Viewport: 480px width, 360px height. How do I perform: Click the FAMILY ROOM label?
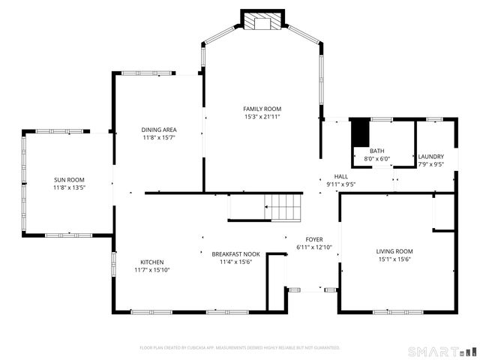pos(262,109)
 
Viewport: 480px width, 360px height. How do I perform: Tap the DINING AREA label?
pos(158,130)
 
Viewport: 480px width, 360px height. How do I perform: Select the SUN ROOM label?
pos(69,179)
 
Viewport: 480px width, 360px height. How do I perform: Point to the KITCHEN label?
pos(152,262)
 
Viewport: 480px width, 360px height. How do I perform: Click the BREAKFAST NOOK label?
pos(235,253)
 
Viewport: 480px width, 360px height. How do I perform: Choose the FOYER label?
pos(313,239)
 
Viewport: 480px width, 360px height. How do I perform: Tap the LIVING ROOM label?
pos(394,251)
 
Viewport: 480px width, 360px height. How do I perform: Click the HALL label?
pos(340,176)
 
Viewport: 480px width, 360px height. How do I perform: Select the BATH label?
pos(376,151)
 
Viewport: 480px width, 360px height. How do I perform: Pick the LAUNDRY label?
pos(430,156)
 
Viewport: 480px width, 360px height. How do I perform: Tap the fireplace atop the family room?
pos(262,21)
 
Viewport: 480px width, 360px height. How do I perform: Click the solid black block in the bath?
pos(361,133)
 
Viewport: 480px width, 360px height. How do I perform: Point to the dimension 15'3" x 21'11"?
pos(262,117)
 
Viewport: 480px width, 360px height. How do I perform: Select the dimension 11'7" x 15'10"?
pos(152,270)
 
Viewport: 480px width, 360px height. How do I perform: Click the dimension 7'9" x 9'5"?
pos(430,164)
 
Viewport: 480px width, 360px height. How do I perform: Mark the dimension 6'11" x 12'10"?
pos(313,247)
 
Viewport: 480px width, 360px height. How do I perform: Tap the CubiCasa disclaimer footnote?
pos(240,348)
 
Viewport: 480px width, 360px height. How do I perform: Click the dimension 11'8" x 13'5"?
pos(69,187)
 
